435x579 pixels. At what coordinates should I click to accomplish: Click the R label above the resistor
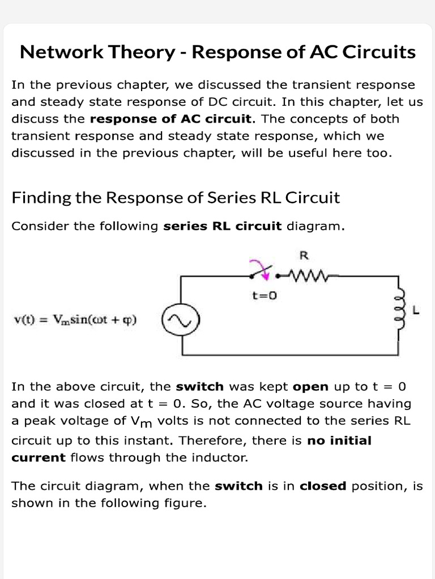click(304, 255)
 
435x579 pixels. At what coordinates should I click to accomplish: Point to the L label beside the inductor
click(416, 310)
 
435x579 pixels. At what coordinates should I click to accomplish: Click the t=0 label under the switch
click(264, 295)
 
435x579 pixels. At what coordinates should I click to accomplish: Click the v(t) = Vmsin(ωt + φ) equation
click(75, 321)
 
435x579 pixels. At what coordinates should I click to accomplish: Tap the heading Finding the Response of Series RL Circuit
click(176, 198)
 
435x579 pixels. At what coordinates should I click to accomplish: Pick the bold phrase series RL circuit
click(222, 226)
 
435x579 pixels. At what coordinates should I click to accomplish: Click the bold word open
click(311, 387)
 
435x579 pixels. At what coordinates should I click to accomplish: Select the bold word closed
click(323, 486)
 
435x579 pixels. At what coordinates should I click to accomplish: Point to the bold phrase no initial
click(339, 440)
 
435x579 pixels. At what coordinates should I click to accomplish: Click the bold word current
click(39, 457)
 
